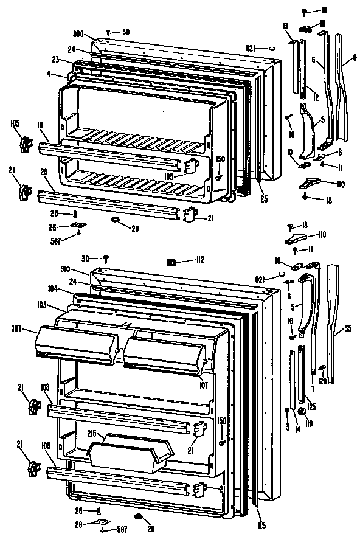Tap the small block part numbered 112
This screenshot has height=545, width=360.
point(171,262)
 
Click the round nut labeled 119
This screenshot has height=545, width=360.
point(302,413)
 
